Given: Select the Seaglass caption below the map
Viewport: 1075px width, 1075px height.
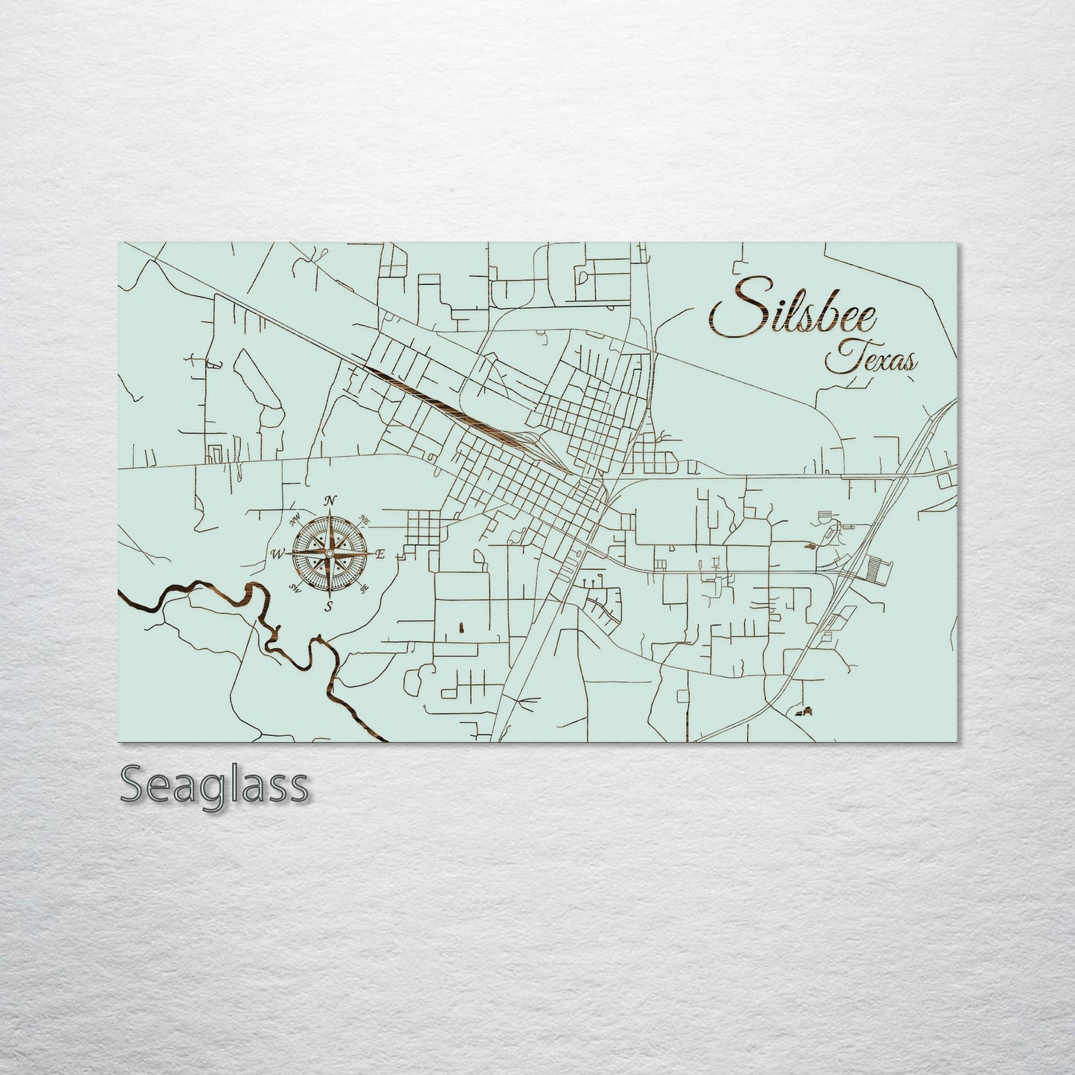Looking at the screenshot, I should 214,784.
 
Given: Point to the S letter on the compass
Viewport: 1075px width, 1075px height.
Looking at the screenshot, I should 328,606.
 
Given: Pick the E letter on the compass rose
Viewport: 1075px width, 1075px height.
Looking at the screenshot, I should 379,553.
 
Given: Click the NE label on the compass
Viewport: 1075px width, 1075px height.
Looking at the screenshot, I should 365,519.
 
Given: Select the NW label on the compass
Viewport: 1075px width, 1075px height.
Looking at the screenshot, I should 295,517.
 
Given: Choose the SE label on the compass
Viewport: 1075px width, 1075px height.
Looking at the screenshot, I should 365,588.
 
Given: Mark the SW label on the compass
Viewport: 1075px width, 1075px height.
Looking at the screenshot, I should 295,589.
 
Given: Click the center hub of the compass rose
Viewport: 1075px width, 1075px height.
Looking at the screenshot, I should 329,553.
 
